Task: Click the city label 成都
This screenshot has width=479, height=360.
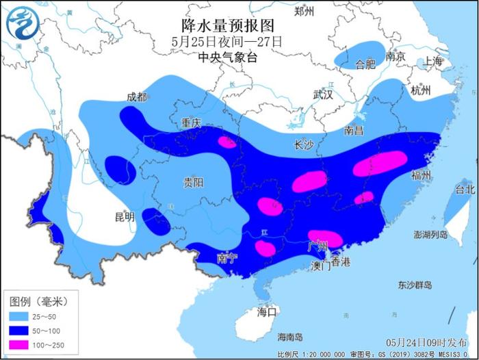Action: (137, 97)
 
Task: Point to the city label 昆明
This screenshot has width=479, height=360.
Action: (125, 217)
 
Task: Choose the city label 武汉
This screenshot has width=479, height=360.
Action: (322, 95)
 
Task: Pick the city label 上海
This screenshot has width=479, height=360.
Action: (433, 61)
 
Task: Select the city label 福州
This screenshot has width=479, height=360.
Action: (421, 176)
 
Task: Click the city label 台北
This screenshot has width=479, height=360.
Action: (465, 188)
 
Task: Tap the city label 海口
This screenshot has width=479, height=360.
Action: (266, 311)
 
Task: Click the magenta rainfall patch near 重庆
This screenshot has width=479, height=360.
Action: (226, 142)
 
